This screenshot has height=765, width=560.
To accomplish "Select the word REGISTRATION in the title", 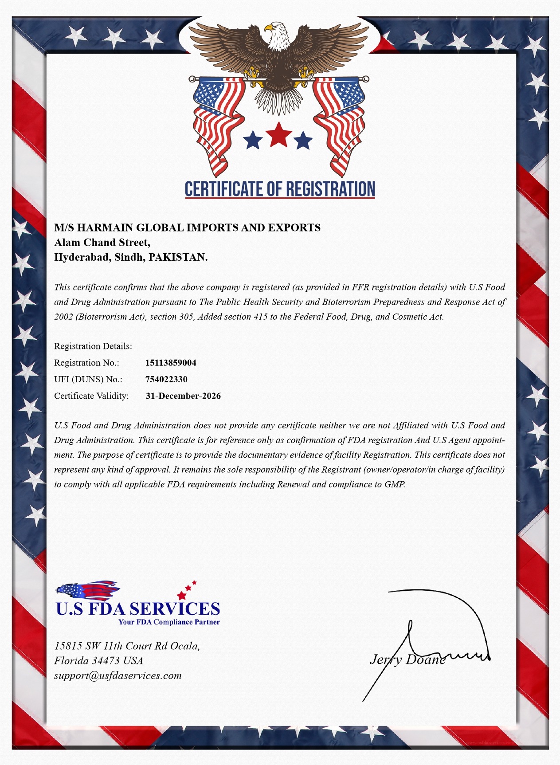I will [330, 189].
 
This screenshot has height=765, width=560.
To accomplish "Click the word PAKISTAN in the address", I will [178, 257].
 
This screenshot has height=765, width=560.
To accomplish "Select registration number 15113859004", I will [171, 363].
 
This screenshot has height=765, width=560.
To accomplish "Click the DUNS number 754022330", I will [166, 379].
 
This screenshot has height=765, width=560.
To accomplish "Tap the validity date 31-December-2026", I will [183, 396].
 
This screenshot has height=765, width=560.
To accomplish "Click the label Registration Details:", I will [93, 346].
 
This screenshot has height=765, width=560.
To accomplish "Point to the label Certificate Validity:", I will [91, 396].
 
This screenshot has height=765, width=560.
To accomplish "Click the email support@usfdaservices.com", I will [118, 675].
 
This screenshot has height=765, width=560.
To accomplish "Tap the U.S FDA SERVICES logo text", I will [138, 608].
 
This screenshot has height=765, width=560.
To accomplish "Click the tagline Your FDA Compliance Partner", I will [169, 622].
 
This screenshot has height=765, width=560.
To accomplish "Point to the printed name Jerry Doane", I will [407, 659].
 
